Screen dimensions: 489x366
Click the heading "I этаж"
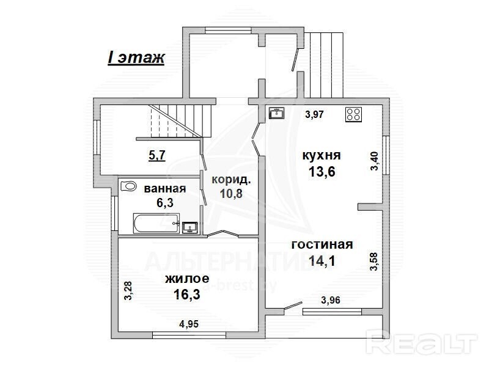136,57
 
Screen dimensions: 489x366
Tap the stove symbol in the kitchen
354,114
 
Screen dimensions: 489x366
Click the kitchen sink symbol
277,113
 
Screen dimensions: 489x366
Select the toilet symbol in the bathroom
128,186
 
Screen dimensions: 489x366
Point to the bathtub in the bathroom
156,223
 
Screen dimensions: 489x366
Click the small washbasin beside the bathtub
189,227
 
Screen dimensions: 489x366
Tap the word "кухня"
322,155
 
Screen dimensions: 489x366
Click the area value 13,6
322,171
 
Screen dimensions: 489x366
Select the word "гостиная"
322,244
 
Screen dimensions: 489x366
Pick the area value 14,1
322,261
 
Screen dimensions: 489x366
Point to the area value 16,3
187,295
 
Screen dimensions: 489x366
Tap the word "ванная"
165,189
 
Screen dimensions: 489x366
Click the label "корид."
231,180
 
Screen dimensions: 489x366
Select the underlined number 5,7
157,155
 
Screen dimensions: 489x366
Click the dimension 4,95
189,324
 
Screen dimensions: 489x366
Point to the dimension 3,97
314,114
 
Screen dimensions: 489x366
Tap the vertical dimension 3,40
374,161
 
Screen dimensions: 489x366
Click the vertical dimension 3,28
128,291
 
